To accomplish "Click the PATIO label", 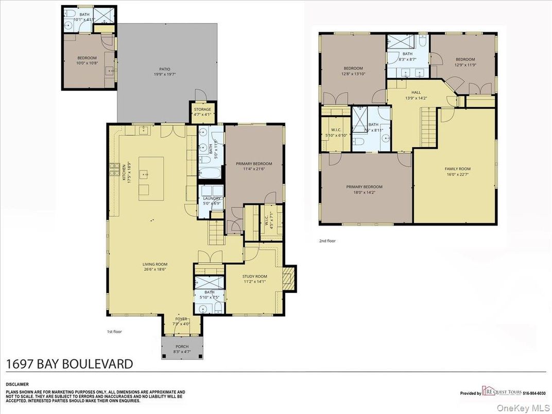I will (x=164, y=69).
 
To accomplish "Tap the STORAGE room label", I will (x=202, y=110).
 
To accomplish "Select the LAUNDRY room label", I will (x=212, y=198).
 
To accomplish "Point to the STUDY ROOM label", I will (x=255, y=277).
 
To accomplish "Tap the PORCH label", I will (x=182, y=347).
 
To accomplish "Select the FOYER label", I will (x=181, y=319).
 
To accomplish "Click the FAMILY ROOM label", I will (x=457, y=169).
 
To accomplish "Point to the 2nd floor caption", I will (x=327, y=240).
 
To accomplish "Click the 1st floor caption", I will (x=114, y=332).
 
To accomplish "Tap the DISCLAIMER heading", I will (x=18, y=384).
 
